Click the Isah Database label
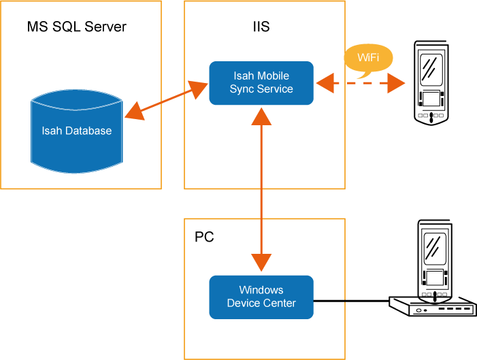pos(76,131)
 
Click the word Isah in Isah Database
pos(52,131)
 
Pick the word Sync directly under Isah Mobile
pos(242,88)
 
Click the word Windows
pos(261,290)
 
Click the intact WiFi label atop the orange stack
pos(368,58)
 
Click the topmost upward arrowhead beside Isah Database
pos(135,110)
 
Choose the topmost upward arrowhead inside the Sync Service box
pos(261,115)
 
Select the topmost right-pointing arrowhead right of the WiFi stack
pos(397,83)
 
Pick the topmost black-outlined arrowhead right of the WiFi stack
pos(397,302)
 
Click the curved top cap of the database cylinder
pos(76,96)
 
